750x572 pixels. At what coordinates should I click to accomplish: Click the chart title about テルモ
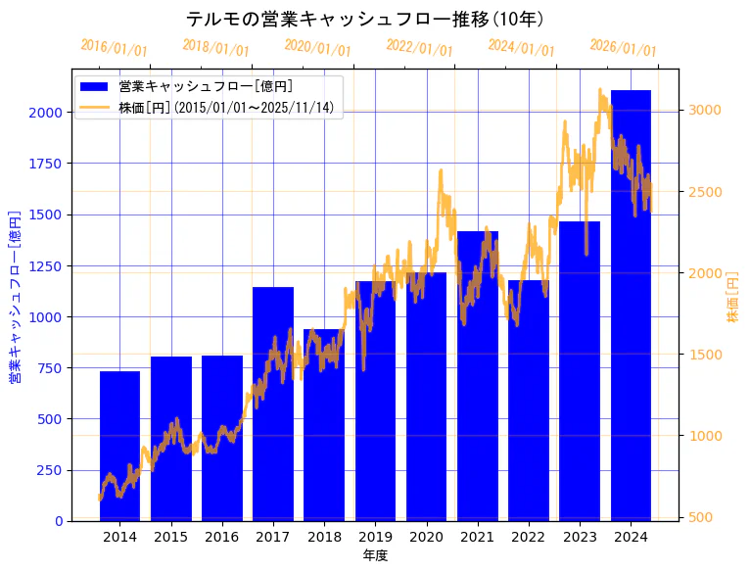point(364,20)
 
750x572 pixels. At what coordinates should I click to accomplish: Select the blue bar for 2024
point(631,305)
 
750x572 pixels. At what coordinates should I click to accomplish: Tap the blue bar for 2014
point(119,446)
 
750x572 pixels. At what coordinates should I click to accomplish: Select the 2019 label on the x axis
point(375,537)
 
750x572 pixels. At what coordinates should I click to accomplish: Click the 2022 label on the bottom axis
point(529,537)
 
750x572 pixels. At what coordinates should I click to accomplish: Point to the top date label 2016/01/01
point(115,48)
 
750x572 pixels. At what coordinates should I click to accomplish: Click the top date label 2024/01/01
point(521,48)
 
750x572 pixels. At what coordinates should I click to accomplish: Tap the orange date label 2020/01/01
point(317,48)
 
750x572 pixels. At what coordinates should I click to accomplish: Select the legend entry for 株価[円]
point(225,107)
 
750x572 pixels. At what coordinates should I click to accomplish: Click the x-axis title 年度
point(375,555)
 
